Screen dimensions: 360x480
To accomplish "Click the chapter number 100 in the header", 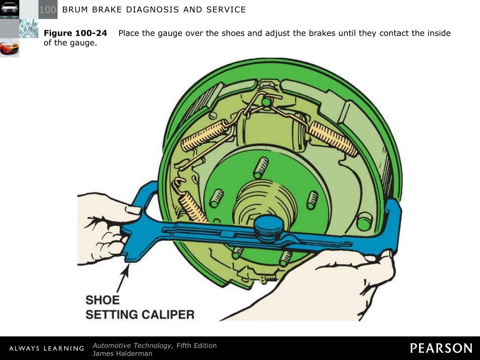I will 48,10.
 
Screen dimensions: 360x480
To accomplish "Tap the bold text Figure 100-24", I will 75,33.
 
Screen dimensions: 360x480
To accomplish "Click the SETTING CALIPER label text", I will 140,314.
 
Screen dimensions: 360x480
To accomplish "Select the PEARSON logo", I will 441,348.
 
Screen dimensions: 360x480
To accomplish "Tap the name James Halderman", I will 122,353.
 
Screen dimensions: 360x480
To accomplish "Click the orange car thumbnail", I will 9,48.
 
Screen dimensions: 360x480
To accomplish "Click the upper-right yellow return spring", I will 333,138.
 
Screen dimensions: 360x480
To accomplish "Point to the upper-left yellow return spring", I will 204,136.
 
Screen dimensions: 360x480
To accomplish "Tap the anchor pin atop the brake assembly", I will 266,101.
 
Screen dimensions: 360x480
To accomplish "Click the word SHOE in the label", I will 103,300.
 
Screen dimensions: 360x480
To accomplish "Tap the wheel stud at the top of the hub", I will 261,167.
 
